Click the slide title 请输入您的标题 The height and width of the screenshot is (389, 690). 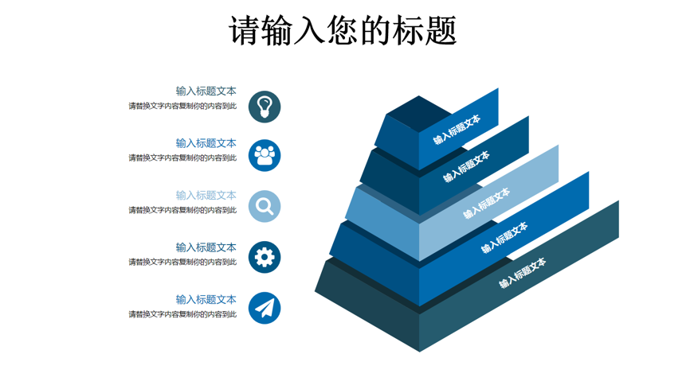(343, 30)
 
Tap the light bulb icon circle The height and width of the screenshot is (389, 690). (265, 107)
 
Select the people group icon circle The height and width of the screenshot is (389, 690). (265, 155)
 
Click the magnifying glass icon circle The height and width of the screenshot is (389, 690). (265, 206)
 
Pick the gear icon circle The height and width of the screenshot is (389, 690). (265, 257)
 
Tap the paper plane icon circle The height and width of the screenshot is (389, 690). (265, 308)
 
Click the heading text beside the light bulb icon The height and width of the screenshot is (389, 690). (206, 91)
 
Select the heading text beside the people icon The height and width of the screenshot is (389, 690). (206, 143)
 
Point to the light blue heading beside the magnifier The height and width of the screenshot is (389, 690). (206, 195)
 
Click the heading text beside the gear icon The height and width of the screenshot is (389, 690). (206, 247)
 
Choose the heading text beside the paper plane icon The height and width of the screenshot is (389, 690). (206, 299)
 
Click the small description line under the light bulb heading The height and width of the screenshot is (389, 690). (182, 106)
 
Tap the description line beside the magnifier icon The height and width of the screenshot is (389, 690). (182, 210)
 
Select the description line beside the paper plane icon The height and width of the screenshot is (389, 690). (182, 314)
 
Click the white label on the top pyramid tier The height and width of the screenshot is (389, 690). (457, 130)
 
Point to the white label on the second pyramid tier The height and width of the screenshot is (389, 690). (466, 166)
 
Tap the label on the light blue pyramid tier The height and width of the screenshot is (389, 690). (486, 203)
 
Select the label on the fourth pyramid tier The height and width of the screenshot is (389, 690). (504, 237)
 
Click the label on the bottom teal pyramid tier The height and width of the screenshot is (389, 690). (523, 273)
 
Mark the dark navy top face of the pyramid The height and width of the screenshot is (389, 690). (419, 114)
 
